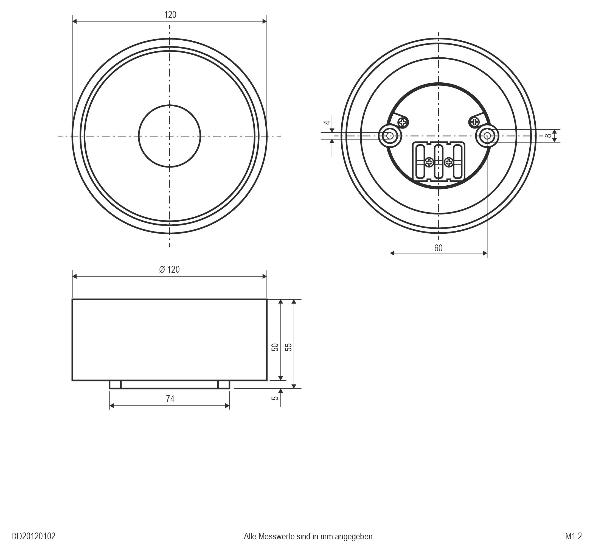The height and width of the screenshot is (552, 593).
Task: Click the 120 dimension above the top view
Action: click(x=170, y=15)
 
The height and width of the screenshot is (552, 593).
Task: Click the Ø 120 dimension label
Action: click(x=169, y=270)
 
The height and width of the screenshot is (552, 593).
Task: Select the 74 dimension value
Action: click(x=170, y=399)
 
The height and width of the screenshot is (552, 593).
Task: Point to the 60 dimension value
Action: click(x=438, y=248)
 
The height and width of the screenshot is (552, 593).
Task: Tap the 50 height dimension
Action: click(x=275, y=347)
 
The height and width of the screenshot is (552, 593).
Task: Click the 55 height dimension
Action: click(x=288, y=347)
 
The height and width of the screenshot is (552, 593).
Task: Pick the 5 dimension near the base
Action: click(x=275, y=398)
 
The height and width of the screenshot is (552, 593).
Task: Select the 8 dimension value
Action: click(x=547, y=136)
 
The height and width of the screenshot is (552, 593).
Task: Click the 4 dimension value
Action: click(x=327, y=122)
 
